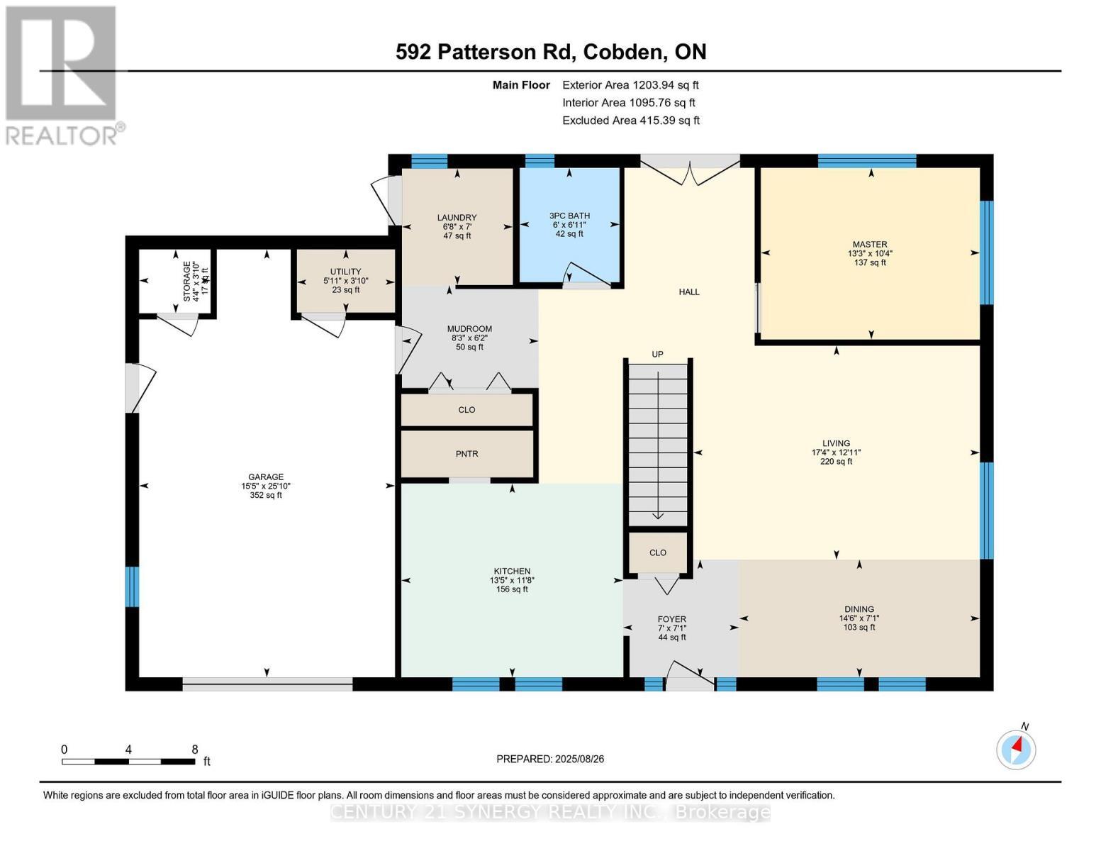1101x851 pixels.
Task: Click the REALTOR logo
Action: pos(62,74)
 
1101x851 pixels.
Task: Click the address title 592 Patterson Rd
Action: pos(550,52)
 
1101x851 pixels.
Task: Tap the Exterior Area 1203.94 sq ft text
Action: pos(630,85)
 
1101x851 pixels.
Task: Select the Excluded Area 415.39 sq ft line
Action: pos(630,121)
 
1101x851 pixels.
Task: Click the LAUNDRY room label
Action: pos(457,218)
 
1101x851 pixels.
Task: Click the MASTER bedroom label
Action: pos(870,245)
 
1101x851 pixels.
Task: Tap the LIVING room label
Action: pos(836,444)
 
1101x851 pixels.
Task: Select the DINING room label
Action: pos(859,609)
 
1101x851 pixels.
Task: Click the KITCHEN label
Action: pos(512,572)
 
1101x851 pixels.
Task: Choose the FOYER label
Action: pos(671,619)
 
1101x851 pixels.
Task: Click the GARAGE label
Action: pos(266,477)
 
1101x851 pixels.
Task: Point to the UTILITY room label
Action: pos(345,272)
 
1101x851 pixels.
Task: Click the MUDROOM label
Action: pos(469,329)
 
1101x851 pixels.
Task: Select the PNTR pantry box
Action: pos(466,454)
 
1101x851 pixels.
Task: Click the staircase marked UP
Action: pos(658,440)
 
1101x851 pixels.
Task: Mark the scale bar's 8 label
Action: pos(194,750)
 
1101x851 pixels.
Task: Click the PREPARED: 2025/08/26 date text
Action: pos(550,759)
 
